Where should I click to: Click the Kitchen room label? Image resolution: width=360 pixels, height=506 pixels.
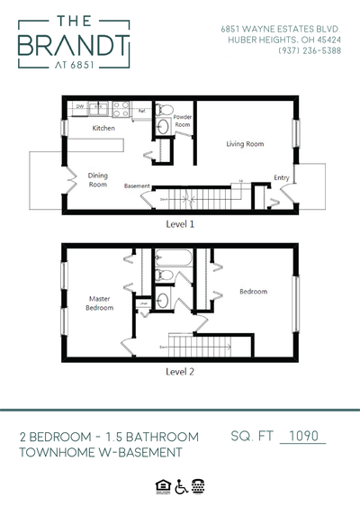pos(103,129)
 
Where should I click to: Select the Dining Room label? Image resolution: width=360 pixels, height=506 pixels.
pos(97,179)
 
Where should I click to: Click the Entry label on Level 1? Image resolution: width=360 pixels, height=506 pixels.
pos(282,177)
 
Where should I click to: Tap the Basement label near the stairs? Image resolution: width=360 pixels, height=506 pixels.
pos(137,185)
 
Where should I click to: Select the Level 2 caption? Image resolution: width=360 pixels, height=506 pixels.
pos(180,369)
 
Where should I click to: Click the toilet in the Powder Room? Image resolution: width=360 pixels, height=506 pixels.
pos(163,113)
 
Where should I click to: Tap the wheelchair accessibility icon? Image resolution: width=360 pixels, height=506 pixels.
pos(180,486)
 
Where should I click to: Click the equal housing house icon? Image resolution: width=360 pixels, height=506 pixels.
pos(162,486)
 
